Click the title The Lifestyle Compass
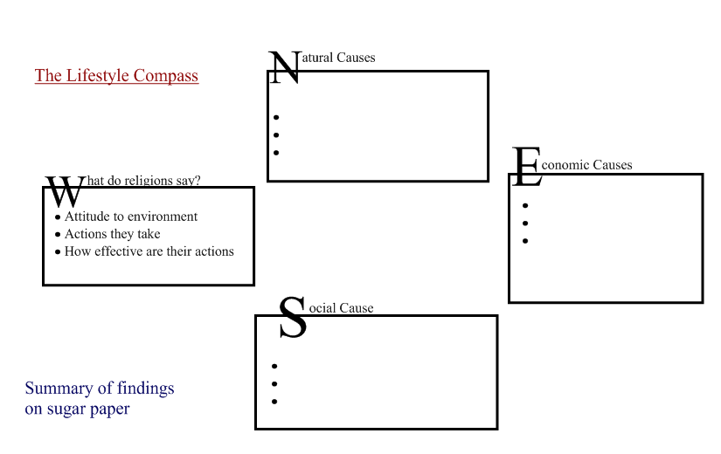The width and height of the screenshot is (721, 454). click(116, 76)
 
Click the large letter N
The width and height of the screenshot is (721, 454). click(284, 68)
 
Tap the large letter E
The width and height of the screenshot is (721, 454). click(527, 168)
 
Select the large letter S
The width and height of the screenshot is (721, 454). click(293, 319)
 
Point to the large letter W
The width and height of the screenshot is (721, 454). click(64, 192)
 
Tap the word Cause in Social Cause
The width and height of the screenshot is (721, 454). click(356, 308)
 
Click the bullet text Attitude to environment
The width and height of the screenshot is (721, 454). click(131, 217)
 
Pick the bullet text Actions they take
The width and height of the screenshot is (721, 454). click(112, 234)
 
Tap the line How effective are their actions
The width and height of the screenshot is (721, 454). click(149, 251)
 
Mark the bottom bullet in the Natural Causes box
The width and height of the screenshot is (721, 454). click(275, 153)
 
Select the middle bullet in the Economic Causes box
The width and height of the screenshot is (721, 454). click(525, 224)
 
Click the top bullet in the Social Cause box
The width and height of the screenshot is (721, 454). click(274, 367)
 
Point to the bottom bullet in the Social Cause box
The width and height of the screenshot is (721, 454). click(274, 402)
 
